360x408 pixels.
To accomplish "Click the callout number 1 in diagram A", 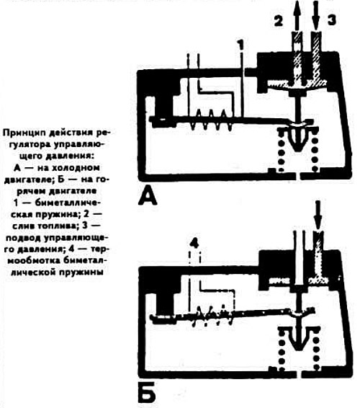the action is coord(241,45).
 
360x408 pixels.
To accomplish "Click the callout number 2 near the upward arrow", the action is coord(279,20).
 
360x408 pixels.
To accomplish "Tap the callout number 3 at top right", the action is coord(331,20).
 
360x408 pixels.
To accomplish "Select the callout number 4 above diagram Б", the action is coord(194,244).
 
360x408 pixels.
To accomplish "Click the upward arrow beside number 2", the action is coord(297,16).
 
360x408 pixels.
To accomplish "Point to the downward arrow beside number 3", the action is coord(316,16).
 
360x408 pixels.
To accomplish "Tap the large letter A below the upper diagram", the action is coord(148,195).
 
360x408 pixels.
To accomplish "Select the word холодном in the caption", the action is coord(75,168).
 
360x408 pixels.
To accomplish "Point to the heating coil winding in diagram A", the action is coord(211,120).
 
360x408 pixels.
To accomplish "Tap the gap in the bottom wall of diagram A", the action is coord(298,176).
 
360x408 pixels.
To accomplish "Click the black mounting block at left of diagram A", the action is coord(164,106).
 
